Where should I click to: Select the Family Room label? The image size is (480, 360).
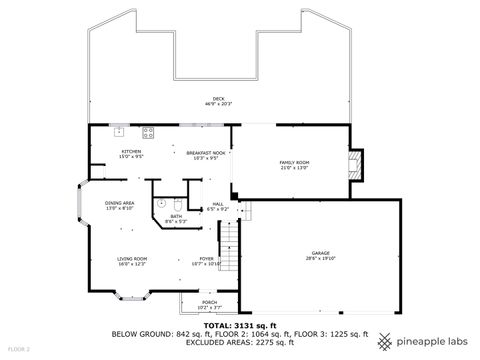coord(293,161)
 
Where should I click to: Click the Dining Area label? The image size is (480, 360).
coord(120,203)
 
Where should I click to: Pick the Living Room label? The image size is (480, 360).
coord(133,258)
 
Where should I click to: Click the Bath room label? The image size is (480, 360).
coord(175,216)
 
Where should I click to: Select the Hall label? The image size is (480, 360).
coord(218,204)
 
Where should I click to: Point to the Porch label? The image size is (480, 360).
coord(209,302)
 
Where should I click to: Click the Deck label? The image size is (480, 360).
coord(218,98)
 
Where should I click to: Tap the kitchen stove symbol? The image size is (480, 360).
coord(149,131)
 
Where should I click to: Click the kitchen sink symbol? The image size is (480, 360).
coord(118,131)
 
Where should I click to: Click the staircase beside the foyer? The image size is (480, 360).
coord(229,241)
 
